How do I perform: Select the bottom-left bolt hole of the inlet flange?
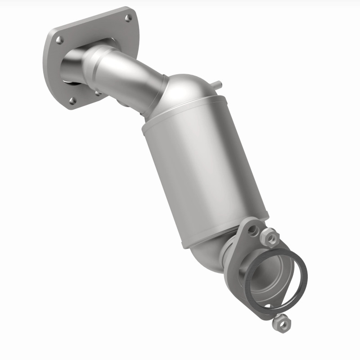coord(71,100)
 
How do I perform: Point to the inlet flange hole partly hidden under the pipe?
coord(98,93)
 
